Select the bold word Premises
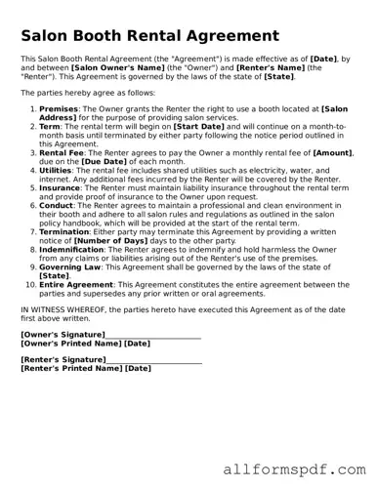pyautogui.click(x=59, y=110)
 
